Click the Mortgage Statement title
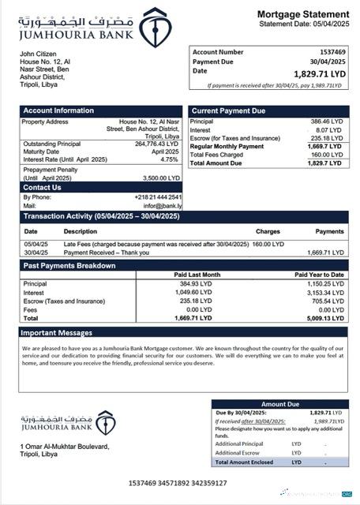click(302, 14)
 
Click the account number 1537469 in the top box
click(332, 51)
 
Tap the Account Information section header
click(52, 110)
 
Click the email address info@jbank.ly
click(162, 205)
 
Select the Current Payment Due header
click(228, 110)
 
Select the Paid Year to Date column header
click(319, 275)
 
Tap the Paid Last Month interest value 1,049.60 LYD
click(193, 292)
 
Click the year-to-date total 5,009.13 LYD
click(324, 317)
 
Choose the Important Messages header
click(58, 333)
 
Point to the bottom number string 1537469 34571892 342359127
click(178, 483)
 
